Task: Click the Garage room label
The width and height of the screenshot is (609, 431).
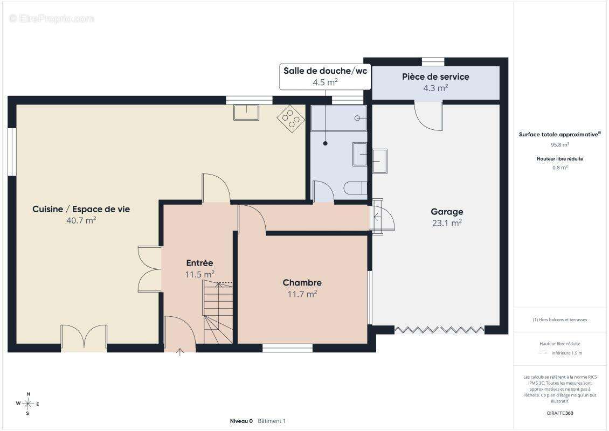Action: coord(447,212)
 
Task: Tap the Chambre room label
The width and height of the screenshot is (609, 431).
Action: coord(302,283)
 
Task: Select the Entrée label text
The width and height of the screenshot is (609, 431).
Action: coord(199,263)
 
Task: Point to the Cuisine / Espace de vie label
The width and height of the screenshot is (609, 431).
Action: coord(81,209)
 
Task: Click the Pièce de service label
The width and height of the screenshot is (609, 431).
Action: coord(435,77)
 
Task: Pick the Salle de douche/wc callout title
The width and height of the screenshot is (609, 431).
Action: coord(325,71)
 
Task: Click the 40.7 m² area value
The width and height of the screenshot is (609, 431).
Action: coord(81,220)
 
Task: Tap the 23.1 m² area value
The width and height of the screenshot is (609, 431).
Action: coord(447,223)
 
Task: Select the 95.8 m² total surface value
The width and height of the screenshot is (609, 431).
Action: coord(559,144)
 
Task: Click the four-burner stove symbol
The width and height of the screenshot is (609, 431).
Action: coord(291,119)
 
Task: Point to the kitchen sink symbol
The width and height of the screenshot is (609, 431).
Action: coord(246,112)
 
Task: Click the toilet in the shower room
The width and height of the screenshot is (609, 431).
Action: coord(355,188)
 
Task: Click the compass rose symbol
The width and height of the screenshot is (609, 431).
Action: coord(27,404)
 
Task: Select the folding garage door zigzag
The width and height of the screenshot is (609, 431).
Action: coord(439,330)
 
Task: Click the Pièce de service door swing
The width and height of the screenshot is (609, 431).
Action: coord(429,116)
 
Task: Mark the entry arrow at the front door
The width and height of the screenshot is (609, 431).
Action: coord(179,352)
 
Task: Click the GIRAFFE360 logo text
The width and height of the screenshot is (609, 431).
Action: coord(559,413)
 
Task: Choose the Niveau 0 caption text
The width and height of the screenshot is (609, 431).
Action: coord(241,421)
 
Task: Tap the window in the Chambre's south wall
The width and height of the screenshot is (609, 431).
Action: coord(287,348)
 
